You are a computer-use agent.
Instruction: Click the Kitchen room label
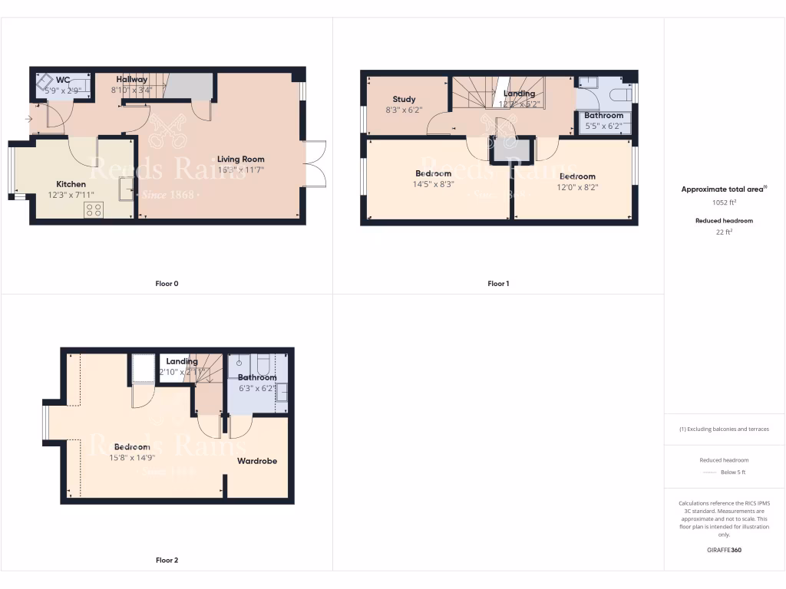click(x=71, y=184)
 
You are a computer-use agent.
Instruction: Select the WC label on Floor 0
click(x=63, y=80)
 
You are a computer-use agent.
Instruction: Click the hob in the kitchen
click(x=94, y=209)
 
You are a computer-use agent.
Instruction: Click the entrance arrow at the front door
click(x=28, y=119)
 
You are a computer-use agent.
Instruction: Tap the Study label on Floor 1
click(x=404, y=99)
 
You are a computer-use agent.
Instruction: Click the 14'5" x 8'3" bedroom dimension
click(x=434, y=184)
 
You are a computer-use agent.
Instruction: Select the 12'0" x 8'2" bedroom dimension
click(x=577, y=186)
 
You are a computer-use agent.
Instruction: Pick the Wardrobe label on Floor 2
click(x=257, y=461)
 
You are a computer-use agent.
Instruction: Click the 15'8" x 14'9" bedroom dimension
click(x=132, y=458)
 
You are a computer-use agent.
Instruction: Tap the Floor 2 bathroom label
click(x=257, y=377)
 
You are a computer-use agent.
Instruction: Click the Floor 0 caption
click(x=167, y=284)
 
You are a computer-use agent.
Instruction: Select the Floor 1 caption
click(x=498, y=284)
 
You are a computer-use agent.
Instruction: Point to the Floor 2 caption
click(x=167, y=561)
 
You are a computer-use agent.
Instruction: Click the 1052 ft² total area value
click(x=725, y=203)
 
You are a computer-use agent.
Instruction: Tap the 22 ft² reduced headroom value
click(x=725, y=231)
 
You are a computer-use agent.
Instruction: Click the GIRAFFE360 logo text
click(x=725, y=550)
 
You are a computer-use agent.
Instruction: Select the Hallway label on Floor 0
click(x=132, y=79)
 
